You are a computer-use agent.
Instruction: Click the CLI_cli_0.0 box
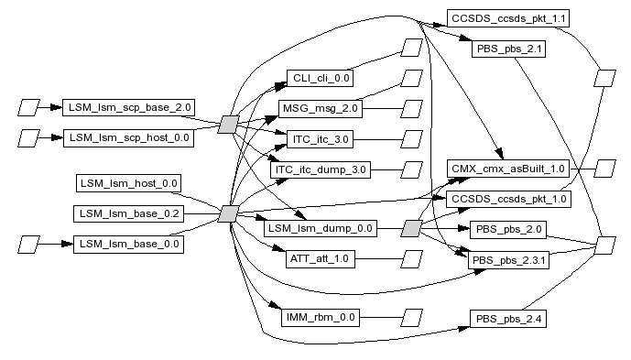[320, 78]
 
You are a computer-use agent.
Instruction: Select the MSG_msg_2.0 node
[321, 109]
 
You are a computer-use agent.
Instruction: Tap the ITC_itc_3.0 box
[320, 139]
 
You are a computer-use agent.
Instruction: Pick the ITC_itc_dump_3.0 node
[321, 169]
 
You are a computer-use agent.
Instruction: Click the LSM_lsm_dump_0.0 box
[321, 228]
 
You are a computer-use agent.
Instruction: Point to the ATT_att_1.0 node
[320, 258]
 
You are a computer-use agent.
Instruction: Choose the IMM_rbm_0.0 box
[321, 318]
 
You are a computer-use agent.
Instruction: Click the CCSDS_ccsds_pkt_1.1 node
[508, 18]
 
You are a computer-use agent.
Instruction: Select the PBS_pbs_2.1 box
[508, 49]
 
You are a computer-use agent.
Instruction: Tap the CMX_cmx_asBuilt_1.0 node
[508, 169]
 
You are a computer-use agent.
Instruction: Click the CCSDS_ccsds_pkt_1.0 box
[508, 199]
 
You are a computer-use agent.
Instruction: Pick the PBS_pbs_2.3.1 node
[508, 260]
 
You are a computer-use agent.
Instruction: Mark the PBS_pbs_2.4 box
[508, 319]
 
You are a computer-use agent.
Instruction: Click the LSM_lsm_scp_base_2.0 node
[129, 107]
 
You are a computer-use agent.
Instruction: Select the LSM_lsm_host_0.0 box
[129, 183]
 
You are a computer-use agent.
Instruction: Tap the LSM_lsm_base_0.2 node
[129, 213]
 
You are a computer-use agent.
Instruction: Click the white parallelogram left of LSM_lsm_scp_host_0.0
[29, 138]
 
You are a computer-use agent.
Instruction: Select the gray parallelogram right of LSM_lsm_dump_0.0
[412, 228]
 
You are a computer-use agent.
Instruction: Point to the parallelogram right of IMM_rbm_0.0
[412, 318]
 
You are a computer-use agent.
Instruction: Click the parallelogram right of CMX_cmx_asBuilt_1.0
[604, 169]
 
